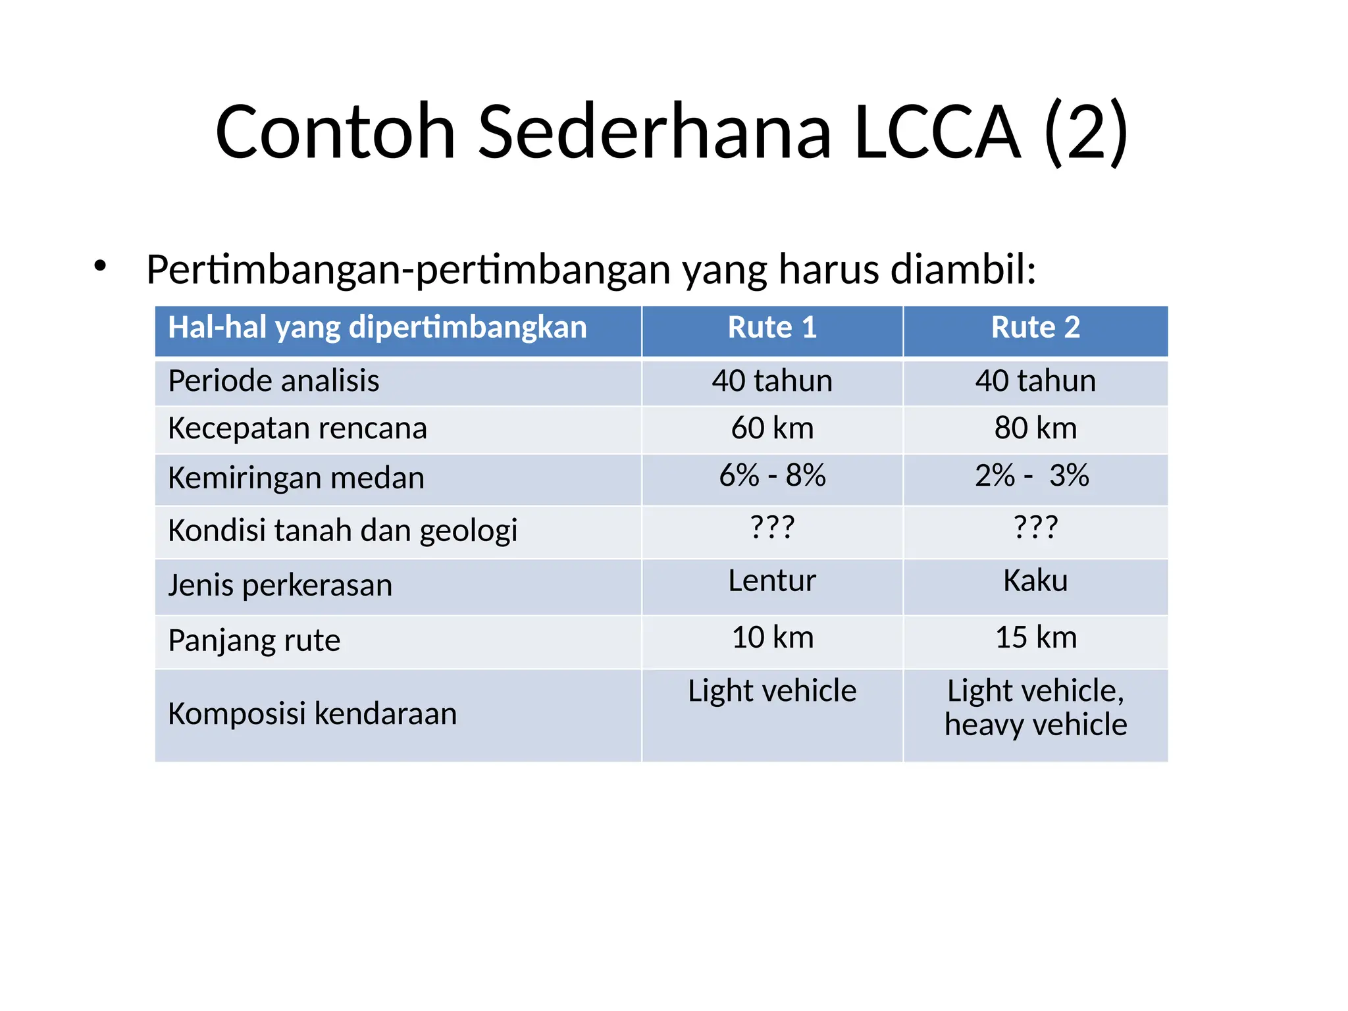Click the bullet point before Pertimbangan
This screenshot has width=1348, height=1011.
point(100,267)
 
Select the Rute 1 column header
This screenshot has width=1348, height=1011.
point(772,328)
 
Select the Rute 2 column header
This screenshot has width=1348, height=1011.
point(1035,328)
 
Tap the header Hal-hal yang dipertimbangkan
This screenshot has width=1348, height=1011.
point(377,328)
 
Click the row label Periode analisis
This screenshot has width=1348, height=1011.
point(274,381)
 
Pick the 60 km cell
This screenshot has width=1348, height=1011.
point(772,428)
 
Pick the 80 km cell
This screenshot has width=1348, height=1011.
point(1035,428)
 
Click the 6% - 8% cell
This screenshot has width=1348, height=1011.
point(772,476)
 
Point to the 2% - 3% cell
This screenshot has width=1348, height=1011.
point(1031,476)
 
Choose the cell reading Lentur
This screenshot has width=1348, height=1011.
point(772,581)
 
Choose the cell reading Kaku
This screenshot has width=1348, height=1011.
point(1035,581)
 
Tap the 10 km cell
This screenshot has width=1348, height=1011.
point(772,638)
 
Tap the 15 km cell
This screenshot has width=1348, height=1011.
point(1035,638)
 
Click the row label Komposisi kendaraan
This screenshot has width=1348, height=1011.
point(312,714)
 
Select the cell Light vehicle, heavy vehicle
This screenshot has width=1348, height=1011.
point(1035,708)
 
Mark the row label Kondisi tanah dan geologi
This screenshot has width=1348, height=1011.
point(342,531)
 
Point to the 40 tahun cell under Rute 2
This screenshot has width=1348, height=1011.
point(1035,381)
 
